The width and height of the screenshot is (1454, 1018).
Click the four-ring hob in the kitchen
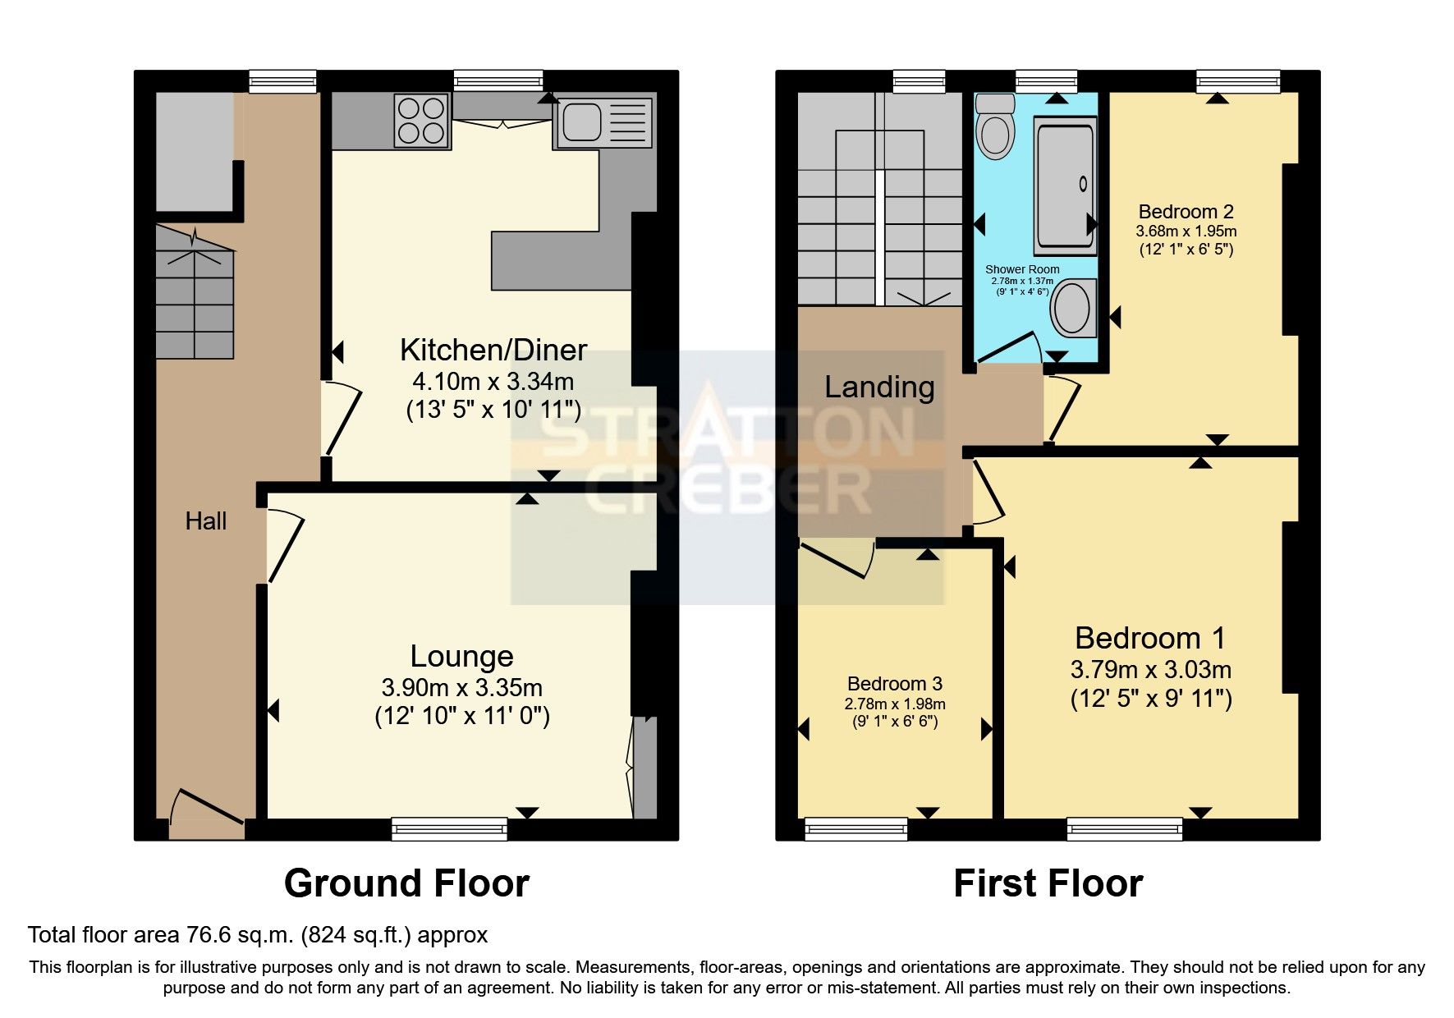coord(422,121)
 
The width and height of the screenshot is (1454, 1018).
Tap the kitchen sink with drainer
coord(605,123)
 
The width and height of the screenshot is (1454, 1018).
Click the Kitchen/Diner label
coord(493,350)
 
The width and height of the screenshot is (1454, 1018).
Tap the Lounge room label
coord(461,656)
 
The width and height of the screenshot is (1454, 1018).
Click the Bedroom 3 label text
coord(894,684)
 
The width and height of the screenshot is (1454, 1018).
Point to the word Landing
coord(879,387)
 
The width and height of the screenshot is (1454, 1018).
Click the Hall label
coord(205,520)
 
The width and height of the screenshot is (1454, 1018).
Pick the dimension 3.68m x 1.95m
coord(1186,232)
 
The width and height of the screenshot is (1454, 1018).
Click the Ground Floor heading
coord(406,883)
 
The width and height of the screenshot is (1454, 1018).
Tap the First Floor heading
coord(1048,883)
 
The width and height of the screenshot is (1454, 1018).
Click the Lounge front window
coord(449,829)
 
